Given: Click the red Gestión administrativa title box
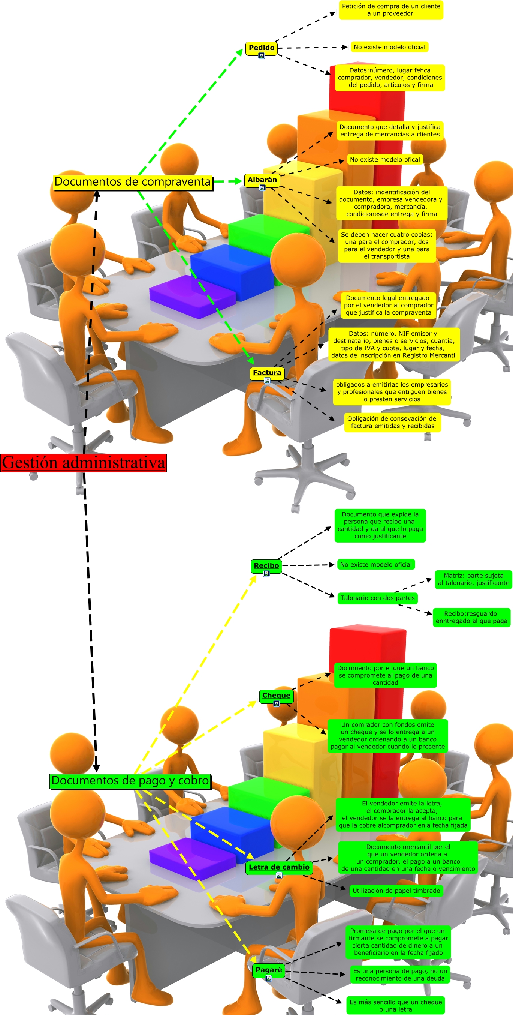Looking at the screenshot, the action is (x=84, y=463).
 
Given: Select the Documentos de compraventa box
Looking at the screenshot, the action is (x=133, y=182).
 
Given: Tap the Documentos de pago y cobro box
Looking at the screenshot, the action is (x=130, y=781).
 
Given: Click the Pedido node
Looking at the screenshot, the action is (x=262, y=48).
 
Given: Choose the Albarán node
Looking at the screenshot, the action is (x=262, y=180).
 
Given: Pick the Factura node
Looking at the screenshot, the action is (x=267, y=372).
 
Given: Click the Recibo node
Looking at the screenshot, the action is (x=266, y=565).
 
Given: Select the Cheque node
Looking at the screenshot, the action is (x=276, y=696).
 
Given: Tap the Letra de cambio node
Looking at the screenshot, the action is (x=279, y=867).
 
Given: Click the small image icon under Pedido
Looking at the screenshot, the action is (x=262, y=56).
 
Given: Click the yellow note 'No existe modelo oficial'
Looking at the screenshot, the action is (x=389, y=47).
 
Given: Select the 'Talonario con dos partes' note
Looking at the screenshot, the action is (x=377, y=598).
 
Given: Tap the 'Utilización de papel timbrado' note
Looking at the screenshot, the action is (x=396, y=891).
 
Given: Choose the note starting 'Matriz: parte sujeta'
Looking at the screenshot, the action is (x=473, y=579).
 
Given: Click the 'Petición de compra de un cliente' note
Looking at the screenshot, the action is (x=391, y=10).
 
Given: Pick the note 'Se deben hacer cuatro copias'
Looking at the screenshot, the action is (x=387, y=246).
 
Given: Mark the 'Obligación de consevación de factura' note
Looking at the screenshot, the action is (x=392, y=422).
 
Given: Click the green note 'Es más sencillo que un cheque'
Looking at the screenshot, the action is (x=395, y=1005).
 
